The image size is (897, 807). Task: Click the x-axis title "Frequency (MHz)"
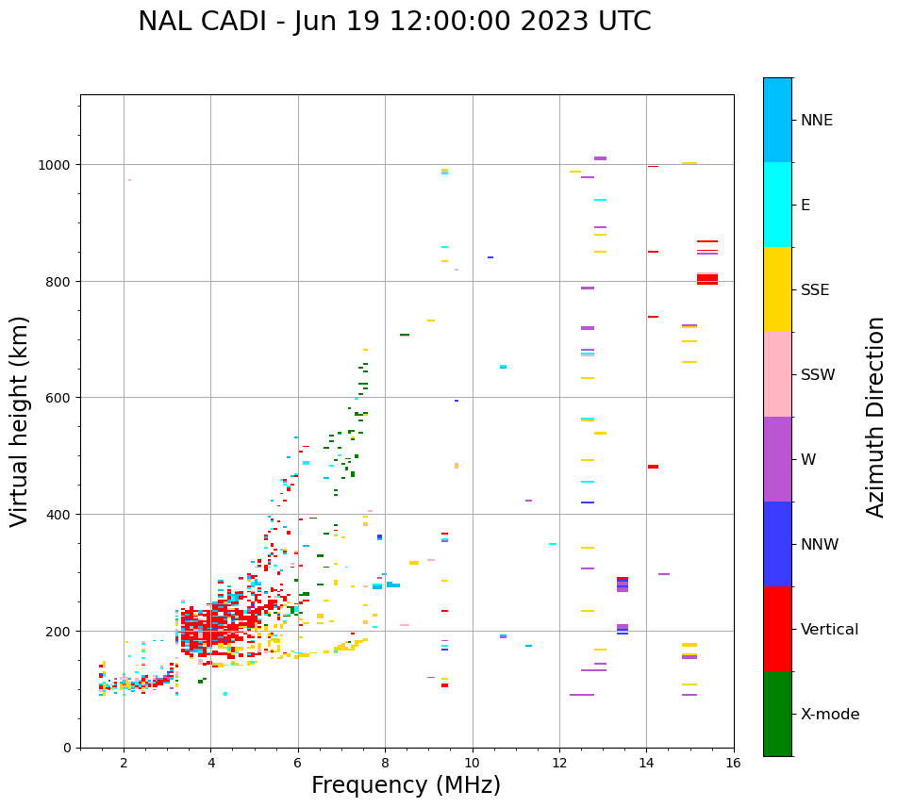tap(406, 785)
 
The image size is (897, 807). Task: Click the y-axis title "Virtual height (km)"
tap(20, 420)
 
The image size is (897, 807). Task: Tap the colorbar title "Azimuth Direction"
tap(876, 417)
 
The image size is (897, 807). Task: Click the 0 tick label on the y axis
tap(66, 748)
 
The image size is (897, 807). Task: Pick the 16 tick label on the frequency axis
tap(733, 764)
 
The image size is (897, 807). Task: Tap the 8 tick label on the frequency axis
tap(385, 764)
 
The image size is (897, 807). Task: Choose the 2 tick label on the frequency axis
tap(124, 764)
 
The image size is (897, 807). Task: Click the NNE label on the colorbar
tap(817, 121)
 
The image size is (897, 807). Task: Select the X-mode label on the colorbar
tap(830, 715)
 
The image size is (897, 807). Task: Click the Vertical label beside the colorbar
tap(830, 630)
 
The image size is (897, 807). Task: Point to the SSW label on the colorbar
tap(818, 375)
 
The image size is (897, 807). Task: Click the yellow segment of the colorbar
tap(777, 289)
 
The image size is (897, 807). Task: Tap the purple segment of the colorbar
tap(777, 459)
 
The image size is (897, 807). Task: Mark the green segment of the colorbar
tap(777, 714)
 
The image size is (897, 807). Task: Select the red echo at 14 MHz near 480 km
tap(653, 467)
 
